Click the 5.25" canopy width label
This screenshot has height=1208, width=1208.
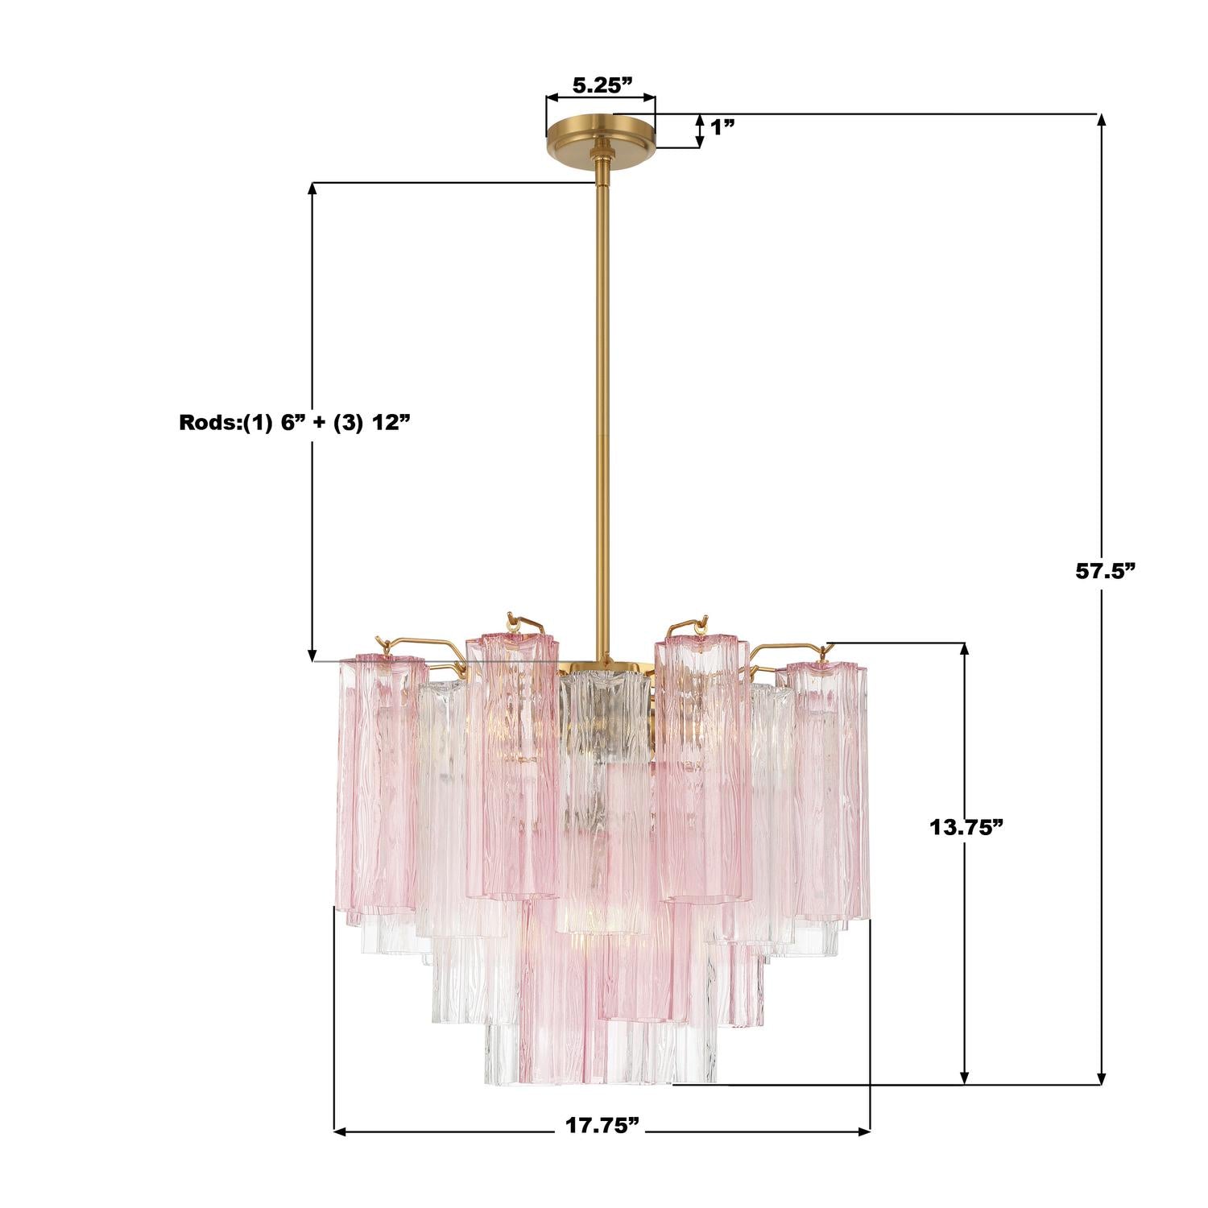tap(602, 85)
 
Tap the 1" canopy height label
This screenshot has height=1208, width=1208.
tap(722, 126)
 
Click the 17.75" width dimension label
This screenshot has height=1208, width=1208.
tap(602, 1125)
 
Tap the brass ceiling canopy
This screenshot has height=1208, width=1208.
tap(601, 131)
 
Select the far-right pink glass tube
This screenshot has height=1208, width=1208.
tap(829, 789)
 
